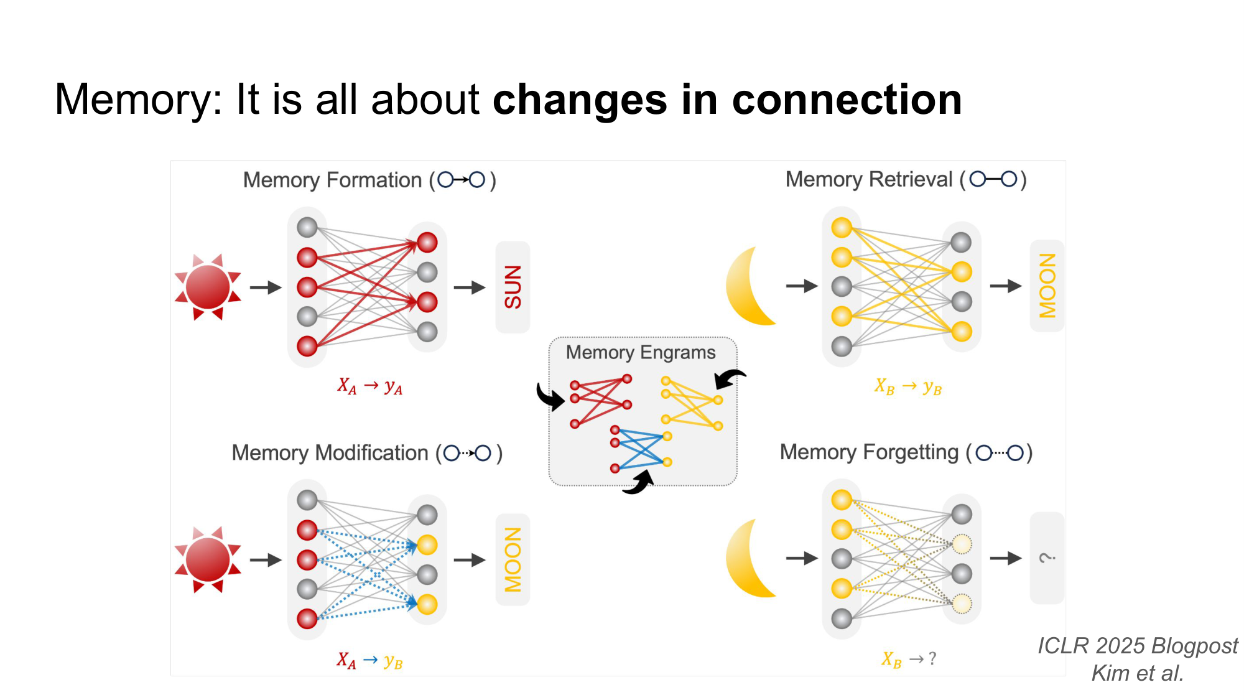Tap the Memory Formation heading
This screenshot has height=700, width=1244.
(369, 180)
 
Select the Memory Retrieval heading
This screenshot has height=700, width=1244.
(905, 180)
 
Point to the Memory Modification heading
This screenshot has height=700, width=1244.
(366, 453)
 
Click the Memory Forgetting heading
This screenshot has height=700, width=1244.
(906, 452)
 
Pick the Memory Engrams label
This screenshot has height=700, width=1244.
(641, 353)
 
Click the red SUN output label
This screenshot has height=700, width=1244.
(513, 287)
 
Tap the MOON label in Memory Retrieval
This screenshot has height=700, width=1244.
(1047, 286)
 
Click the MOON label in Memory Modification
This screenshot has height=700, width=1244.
(513, 559)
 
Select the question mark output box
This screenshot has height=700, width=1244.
(1047, 558)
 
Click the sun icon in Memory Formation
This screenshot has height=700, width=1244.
(208, 287)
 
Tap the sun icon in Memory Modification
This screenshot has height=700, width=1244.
(208, 559)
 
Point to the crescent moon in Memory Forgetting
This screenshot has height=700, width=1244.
(750, 559)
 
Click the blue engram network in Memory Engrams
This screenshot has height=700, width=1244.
(641, 449)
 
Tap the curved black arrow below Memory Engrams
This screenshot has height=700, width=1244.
(639, 483)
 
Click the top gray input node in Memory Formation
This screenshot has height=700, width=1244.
(307, 227)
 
